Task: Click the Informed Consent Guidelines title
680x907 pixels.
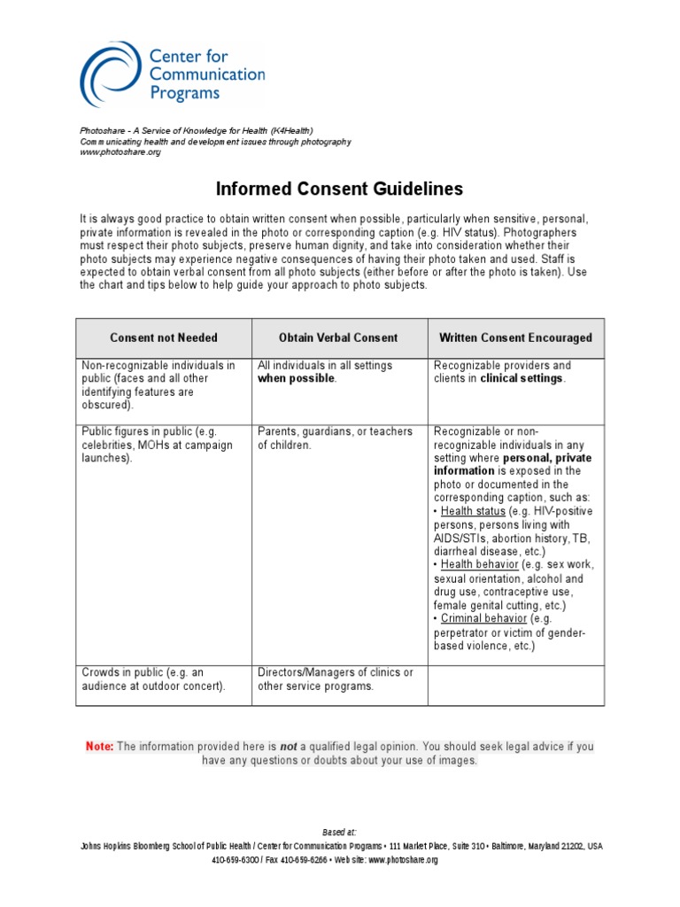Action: [339, 189]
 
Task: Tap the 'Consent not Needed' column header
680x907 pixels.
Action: [164, 337]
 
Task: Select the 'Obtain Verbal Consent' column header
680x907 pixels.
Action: [338, 337]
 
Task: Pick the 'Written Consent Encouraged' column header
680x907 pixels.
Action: [516, 337]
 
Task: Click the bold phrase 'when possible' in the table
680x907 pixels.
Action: [297, 378]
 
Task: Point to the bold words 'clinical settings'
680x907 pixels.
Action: [522, 378]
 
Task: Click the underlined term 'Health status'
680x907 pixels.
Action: [473, 511]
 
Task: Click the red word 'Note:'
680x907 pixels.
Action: [99, 747]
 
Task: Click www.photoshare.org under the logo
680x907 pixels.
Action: [120, 152]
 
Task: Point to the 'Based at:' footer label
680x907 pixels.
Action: [339, 833]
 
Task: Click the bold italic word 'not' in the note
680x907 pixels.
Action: [288, 747]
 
